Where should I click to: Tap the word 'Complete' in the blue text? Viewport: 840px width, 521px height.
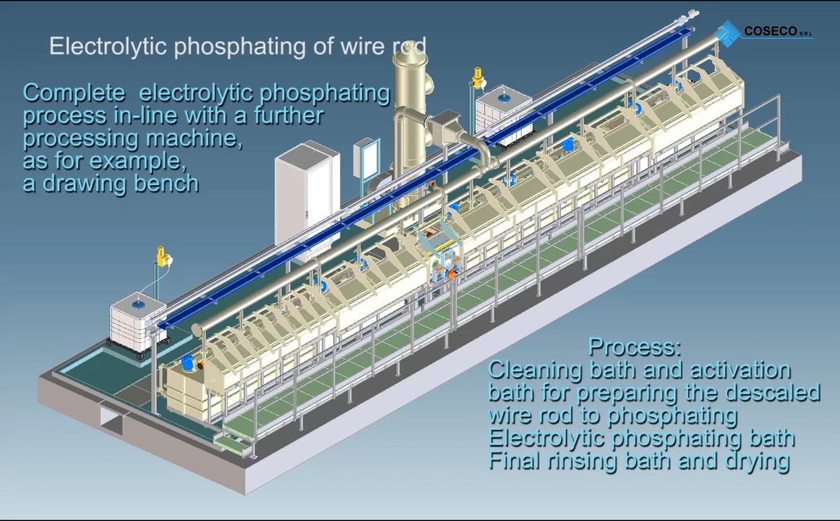coord(74,93)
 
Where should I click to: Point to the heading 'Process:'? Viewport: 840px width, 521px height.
coord(634,347)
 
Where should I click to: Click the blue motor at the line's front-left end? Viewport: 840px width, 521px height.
coord(188,362)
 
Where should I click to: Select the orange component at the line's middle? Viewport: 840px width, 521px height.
coord(451,274)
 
